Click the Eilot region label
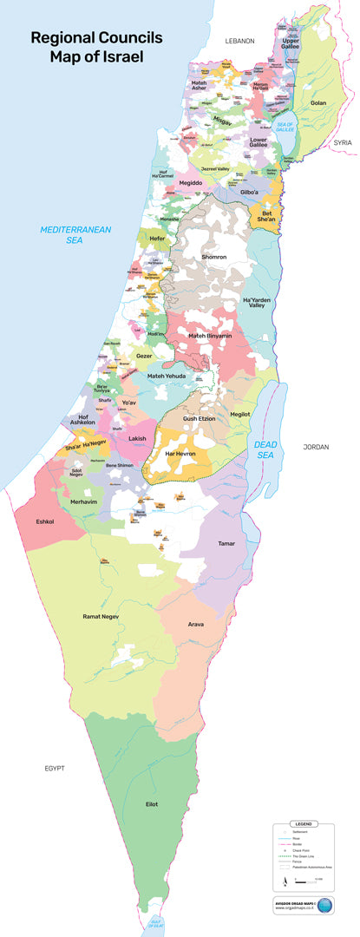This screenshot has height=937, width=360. pos(152,804)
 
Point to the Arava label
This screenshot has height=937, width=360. pos(196,623)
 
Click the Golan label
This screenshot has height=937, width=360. pos(318,103)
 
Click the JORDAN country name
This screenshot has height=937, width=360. pos(317,447)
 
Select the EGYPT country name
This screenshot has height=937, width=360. pos(56,769)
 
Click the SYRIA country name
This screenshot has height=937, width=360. pos(344,141)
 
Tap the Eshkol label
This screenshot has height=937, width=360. pos(45,521)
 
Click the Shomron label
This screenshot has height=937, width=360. pos(213,257)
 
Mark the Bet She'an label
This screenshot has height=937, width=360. pos(266,215)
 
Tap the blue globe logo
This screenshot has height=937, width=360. pos(324,907)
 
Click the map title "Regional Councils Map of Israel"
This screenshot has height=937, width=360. pos(88,48)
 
